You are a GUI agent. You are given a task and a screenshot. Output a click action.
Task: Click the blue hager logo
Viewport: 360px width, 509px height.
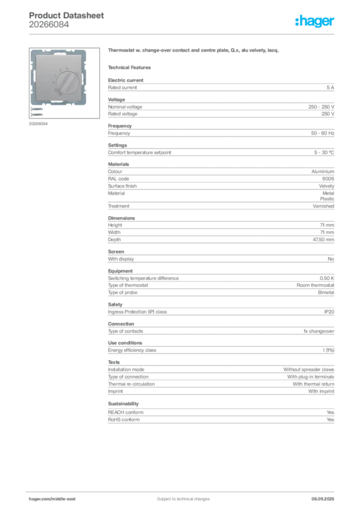(x=315, y=21)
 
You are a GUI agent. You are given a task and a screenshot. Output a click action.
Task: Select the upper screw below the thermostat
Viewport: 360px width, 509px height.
(x=37, y=108)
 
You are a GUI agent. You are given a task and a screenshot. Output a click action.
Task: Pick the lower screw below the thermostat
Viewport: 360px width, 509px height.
(x=37, y=113)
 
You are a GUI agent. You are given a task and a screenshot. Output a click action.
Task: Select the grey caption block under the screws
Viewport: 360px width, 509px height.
(x=39, y=123)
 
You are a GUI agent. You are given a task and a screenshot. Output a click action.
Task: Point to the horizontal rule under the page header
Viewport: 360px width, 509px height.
(x=183, y=33)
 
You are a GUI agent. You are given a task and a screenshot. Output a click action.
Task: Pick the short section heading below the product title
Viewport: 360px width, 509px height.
(x=131, y=67)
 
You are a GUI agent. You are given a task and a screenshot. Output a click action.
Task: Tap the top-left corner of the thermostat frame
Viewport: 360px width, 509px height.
(x=31, y=51)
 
